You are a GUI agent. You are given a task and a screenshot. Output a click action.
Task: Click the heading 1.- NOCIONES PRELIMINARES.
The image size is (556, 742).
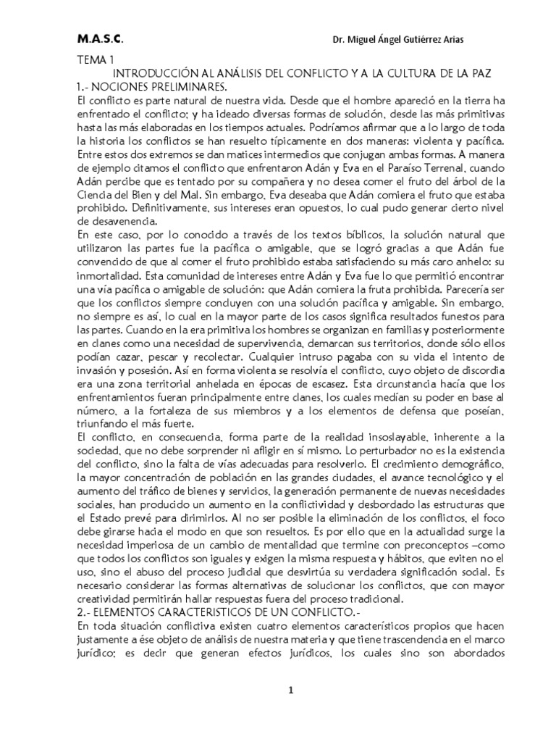coord(151,86)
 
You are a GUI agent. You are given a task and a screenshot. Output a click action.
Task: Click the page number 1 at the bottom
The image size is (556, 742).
coord(290,690)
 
